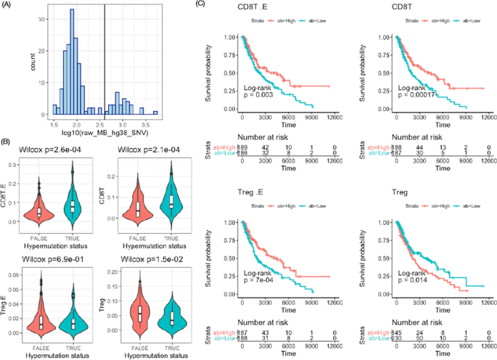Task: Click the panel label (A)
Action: pyautogui.click(x=10, y=6)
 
